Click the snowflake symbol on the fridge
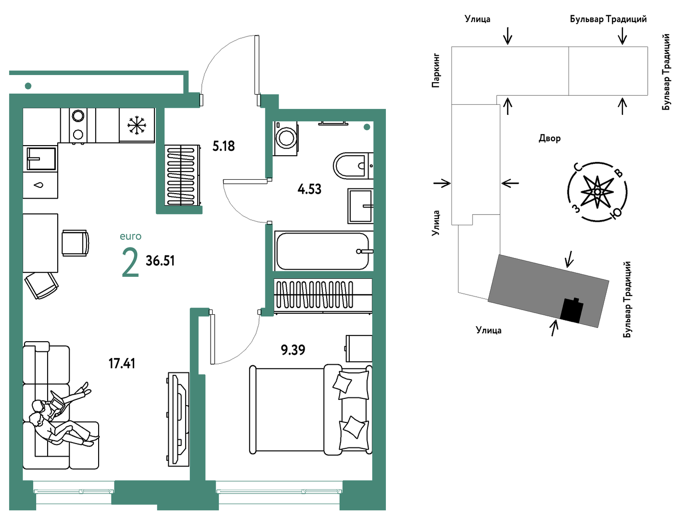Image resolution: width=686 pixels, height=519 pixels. pos(137,126)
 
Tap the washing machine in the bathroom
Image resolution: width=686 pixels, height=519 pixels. pos(286,138)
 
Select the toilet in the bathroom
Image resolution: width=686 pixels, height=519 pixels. pos(353,165)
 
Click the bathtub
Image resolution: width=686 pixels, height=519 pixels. pos(323,251)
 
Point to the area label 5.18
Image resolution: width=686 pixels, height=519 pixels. pos(224,146)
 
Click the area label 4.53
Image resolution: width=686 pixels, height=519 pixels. pos(309,189)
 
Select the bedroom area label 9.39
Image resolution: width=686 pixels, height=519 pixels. pos(293,350)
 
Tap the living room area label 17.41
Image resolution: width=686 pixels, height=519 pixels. pos(122,364)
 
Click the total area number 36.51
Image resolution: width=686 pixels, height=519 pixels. pos(160,260)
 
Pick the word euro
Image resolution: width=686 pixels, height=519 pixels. pos(131,236)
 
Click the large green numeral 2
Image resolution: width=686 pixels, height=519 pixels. pos(130,263)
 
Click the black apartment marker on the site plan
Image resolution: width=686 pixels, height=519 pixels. pos(572,310)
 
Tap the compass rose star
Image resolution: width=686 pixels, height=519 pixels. pos(597,192)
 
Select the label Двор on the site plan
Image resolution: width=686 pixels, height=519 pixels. pos(549,138)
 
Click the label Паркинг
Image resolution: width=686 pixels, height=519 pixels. pos(436,70)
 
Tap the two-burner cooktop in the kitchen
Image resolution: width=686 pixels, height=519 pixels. pos(78,125)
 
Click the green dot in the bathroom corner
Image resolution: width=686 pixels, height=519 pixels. pos(367,127)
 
